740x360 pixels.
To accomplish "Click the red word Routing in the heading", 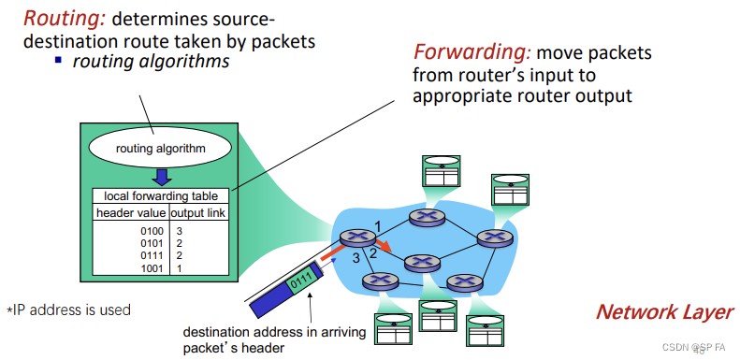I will click(59, 18).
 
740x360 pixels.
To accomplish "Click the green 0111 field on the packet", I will click(300, 279).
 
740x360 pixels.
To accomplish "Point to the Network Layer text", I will click(664, 312).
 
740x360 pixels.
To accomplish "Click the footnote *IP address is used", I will click(68, 310).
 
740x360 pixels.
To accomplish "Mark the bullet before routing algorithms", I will click(58, 62).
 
